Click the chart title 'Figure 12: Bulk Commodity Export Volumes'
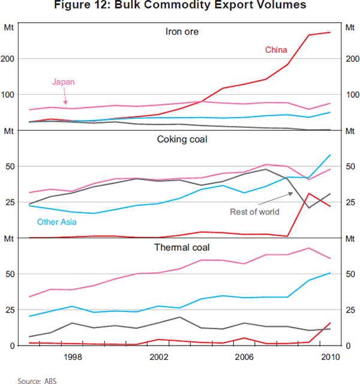[180, 6]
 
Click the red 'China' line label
[276, 50]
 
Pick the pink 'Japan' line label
[64, 82]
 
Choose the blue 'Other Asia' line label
[56, 222]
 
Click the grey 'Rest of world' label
[254, 212]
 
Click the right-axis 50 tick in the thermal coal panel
[348, 274]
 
